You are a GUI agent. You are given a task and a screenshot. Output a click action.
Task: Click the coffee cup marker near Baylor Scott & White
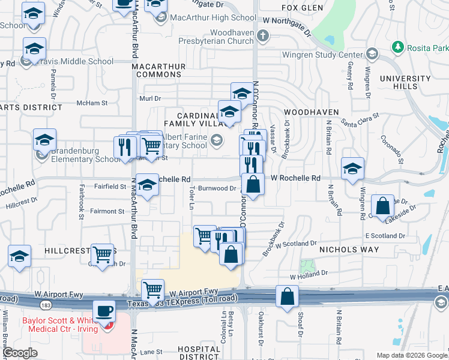[x=105, y=313]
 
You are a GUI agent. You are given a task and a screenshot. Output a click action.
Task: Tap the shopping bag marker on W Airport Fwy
[x=288, y=296]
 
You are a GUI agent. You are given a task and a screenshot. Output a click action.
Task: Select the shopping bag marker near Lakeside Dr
[x=383, y=206]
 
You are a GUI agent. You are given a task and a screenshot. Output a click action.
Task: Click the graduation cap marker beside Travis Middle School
[x=34, y=49]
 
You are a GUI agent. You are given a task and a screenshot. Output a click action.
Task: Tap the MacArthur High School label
[x=205, y=17]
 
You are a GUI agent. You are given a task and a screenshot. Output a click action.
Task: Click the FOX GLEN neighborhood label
[x=303, y=8]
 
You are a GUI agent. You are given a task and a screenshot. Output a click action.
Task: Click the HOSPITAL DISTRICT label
[x=200, y=353]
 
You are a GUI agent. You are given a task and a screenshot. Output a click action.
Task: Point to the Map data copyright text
[x=412, y=355]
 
